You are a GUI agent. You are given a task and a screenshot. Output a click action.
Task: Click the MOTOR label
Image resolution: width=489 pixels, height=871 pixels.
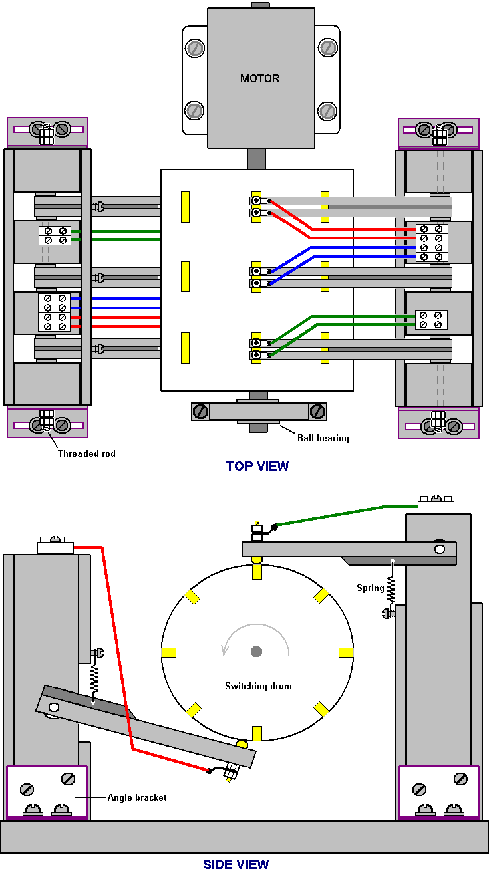[x=260, y=78]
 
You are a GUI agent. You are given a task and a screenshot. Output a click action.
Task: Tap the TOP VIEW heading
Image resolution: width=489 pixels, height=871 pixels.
[x=257, y=466]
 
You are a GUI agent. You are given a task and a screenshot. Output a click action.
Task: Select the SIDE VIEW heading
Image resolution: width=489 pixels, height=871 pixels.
[x=236, y=864]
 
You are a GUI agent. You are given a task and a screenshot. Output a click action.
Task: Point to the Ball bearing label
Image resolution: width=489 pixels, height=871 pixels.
[x=323, y=439]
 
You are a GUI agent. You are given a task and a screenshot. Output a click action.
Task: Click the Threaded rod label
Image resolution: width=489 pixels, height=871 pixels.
[x=87, y=453]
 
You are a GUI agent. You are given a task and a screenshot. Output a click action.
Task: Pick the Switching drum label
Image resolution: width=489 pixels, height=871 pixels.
[x=259, y=686]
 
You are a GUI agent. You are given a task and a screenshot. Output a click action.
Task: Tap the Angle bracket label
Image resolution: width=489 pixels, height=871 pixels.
[x=137, y=797]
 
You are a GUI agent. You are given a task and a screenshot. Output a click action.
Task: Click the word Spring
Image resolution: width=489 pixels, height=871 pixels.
[x=371, y=588]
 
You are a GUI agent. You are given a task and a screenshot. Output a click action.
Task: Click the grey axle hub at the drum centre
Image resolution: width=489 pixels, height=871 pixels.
[x=256, y=651]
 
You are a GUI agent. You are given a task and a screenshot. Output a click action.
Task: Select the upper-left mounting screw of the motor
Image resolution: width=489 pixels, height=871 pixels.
[x=195, y=48]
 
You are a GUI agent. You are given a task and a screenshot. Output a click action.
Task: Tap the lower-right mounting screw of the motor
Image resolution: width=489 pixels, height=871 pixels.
[x=327, y=111]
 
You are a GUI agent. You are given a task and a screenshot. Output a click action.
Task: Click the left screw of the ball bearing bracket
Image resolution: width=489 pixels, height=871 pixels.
[x=200, y=412]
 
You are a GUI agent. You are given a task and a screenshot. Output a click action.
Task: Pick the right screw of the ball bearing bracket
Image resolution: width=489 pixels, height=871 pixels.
[x=317, y=412]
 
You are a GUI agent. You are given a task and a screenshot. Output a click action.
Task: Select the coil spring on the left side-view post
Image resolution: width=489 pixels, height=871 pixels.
[x=94, y=679]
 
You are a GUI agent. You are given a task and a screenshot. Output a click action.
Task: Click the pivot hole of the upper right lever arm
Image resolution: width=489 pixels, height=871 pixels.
[x=440, y=549]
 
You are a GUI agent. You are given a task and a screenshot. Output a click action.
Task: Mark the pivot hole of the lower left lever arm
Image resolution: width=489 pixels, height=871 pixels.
[x=54, y=707]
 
